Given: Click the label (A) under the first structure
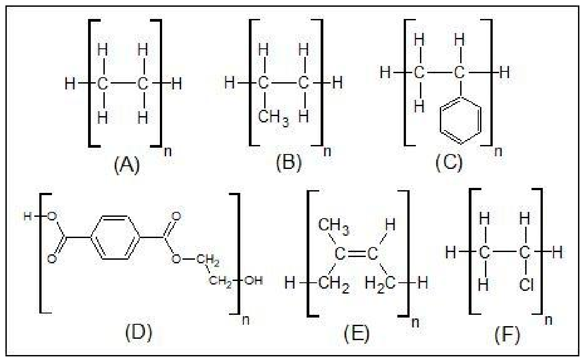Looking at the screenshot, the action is (127, 165).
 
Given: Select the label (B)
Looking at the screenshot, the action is (289, 163).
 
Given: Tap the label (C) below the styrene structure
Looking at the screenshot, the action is (449, 163).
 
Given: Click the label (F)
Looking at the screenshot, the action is (507, 334).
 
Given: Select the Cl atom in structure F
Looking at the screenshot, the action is (526, 285).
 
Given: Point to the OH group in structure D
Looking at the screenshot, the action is (253, 281).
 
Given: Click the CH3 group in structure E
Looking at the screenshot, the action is (334, 226).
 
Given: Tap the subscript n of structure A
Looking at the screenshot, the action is (168, 151).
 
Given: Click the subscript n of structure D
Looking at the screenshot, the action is (246, 320).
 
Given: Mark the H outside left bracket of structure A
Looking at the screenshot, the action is (70, 84).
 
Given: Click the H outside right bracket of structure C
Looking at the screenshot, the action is (504, 72).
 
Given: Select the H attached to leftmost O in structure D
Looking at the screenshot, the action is (28, 216).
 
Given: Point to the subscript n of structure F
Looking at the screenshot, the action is (548, 320).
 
